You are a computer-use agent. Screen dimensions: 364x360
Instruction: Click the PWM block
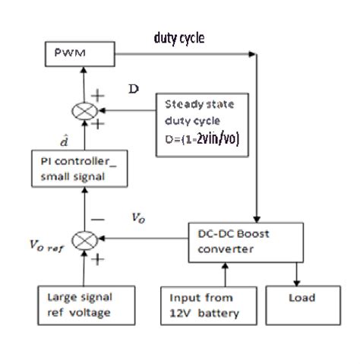point(78,55)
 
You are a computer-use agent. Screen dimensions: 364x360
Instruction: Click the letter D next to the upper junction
point(133,90)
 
